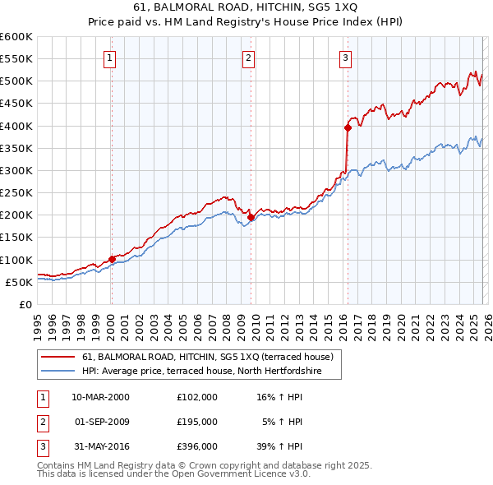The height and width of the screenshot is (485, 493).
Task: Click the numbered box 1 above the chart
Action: click(110, 58)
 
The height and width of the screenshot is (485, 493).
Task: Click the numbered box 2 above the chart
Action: click(248, 58)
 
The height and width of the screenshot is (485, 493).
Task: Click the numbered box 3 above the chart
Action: click(346, 58)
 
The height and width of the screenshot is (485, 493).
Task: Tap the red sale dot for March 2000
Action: click(112, 259)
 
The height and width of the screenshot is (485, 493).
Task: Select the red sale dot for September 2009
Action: click(250, 218)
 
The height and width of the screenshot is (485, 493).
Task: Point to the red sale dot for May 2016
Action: click(348, 127)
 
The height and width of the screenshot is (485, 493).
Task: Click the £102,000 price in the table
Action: click(196, 396)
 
